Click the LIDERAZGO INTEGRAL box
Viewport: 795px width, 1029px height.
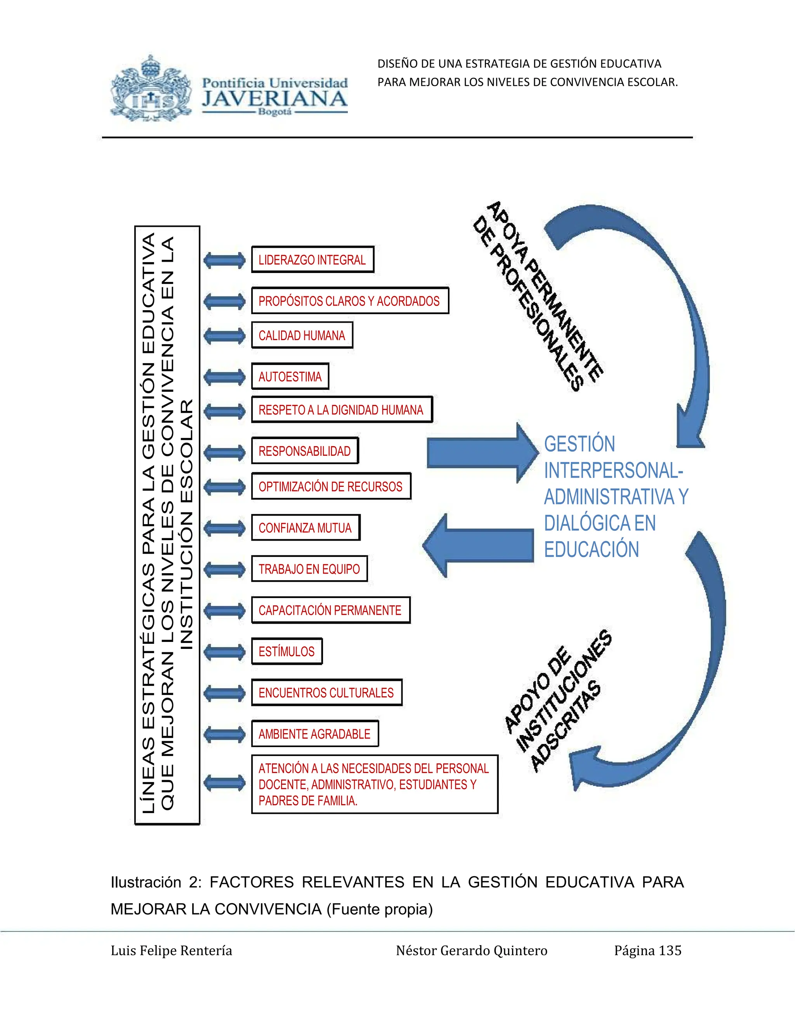(x=312, y=260)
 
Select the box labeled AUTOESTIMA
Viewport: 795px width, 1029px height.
(x=290, y=376)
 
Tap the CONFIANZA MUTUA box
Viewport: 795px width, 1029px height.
(x=305, y=528)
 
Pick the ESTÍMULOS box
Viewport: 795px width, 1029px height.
(x=286, y=652)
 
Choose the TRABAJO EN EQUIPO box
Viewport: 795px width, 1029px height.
(x=309, y=569)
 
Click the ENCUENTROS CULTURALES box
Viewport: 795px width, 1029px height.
(x=326, y=693)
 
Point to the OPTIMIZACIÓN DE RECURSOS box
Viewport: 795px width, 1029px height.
(x=331, y=486)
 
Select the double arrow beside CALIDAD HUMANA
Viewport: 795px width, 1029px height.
(x=225, y=336)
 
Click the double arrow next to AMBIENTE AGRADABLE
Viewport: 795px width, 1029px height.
(x=225, y=734)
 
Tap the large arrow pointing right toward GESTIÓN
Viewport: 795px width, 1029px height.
(x=481, y=453)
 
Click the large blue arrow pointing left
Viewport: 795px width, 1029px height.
(x=478, y=546)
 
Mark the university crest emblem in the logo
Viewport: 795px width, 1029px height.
(x=151, y=90)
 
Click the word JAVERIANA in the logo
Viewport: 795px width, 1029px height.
(x=274, y=99)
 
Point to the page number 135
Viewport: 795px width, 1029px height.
(x=670, y=951)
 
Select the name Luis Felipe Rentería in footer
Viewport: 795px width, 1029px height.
(x=172, y=951)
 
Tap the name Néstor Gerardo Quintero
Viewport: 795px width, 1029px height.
(x=471, y=951)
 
